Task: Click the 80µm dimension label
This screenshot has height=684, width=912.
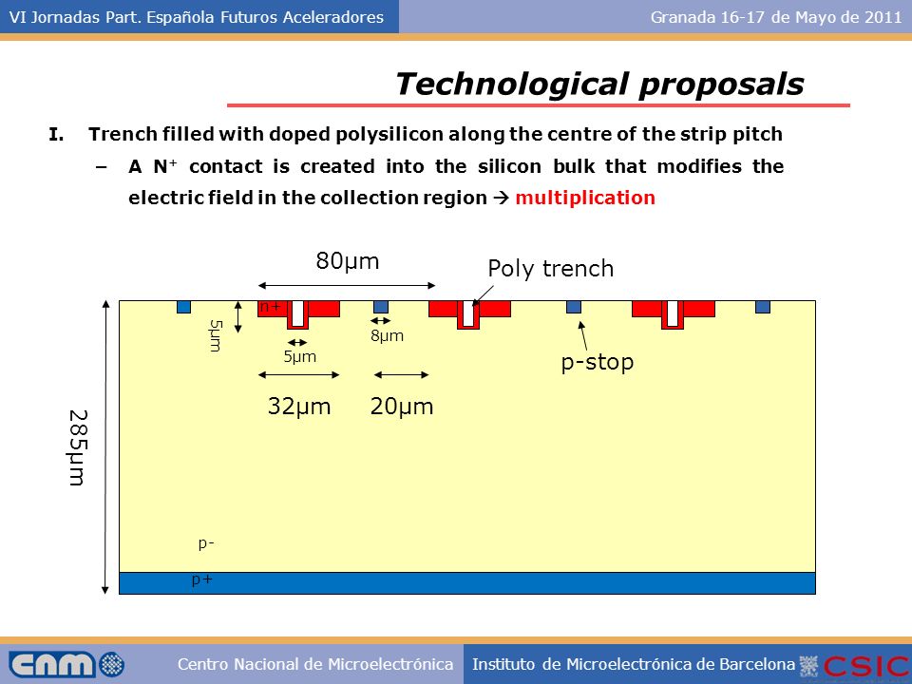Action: click(348, 261)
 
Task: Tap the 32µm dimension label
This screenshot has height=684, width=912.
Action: click(299, 406)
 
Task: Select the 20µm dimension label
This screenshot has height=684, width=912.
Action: click(401, 406)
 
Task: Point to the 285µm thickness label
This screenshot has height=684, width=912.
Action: click(78, 447)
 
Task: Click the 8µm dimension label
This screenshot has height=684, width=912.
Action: click(387, 335)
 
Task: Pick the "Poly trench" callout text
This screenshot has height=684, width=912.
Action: click(550, 269)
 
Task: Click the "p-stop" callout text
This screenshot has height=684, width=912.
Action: click(598, 362)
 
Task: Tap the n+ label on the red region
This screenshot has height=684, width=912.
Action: click(270, 307)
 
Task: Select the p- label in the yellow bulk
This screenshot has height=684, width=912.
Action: click(206, 543)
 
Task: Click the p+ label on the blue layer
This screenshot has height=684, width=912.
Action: click(202, 579)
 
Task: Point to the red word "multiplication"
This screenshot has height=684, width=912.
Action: click(585, 198)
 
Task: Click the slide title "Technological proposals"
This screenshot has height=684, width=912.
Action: click(599, 84)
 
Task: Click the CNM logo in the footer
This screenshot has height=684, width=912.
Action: click(66, 664)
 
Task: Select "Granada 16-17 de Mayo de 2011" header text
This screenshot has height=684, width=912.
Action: click(776, 17)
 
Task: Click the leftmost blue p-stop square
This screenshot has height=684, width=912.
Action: click(183, 307)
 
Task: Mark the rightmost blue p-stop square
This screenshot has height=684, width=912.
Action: click(763, 307)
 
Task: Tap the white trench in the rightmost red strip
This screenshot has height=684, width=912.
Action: click(672, 313)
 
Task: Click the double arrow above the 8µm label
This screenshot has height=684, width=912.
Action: click(381, 320)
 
